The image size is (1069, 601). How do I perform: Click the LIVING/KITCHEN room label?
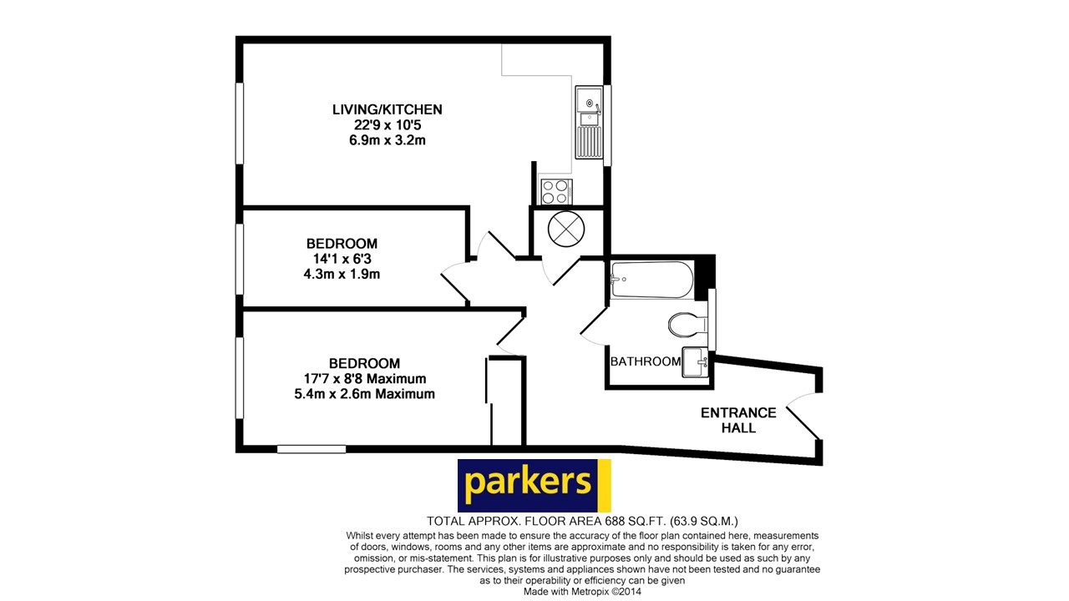[x=387, y=109]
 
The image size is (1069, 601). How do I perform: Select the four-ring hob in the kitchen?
[x=555, y=192]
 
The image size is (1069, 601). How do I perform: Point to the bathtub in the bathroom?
[x=651, y=280]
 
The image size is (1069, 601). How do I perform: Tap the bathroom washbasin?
[x=695, y=362]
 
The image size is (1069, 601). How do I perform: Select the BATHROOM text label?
[x=646, y=361]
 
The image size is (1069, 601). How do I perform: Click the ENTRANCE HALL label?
[x=738, y=420]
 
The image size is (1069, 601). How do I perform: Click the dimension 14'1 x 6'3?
[x=342, y=259]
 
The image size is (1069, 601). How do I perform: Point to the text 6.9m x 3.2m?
[x=387, y=140]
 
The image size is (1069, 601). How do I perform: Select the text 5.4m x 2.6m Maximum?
[x=364, y=394]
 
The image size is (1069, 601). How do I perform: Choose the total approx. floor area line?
[x=582, y=520]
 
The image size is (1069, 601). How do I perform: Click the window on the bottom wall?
[x=311, y=449]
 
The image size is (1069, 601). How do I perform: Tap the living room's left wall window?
[x=239, y=124]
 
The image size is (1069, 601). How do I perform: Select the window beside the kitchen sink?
[x=608, y=125]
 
